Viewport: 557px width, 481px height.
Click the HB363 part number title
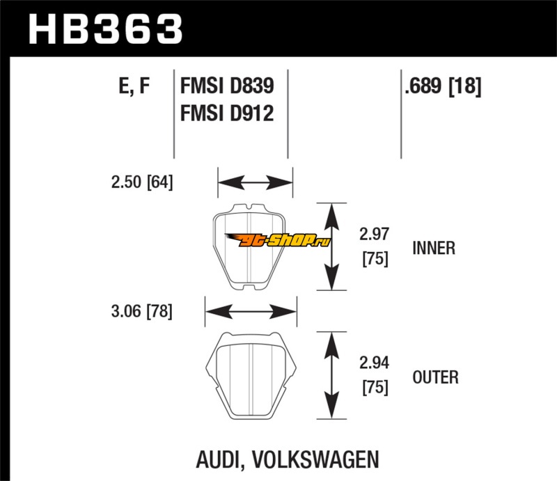pos(104,29)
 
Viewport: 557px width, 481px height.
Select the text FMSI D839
pos(226,86)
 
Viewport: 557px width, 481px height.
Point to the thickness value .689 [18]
pos(442,86)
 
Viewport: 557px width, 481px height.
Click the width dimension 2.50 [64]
pos(141,182)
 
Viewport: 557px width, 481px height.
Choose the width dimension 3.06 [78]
pos(141,311)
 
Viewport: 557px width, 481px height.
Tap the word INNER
pos(434,248)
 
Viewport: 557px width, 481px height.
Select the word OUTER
pos(435,377)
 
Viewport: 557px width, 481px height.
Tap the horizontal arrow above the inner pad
pos(255,183)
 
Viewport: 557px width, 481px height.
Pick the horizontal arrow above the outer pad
pos(251,311)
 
